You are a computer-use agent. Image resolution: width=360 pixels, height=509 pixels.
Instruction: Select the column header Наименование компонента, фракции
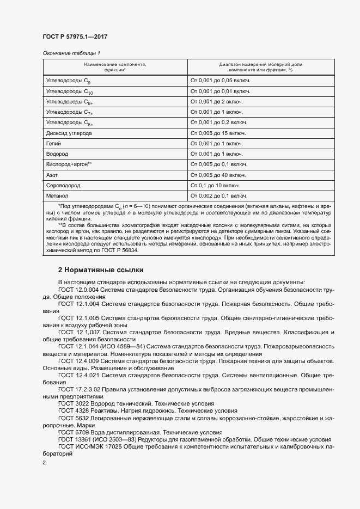(115, 67)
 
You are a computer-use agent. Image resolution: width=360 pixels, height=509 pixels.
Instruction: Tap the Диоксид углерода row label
(69, 133)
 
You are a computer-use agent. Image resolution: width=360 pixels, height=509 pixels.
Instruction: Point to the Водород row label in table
(57, 154)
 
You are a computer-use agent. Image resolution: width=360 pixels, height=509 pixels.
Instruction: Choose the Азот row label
(52, 175)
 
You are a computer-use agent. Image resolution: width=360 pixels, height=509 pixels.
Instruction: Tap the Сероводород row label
(64, 185)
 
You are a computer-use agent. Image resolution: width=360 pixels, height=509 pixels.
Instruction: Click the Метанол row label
(57, 195)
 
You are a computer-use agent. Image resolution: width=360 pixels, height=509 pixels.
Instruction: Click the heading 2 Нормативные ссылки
(101, 270)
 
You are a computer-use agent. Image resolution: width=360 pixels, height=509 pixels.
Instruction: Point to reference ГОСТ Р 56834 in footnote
(121, 250)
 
